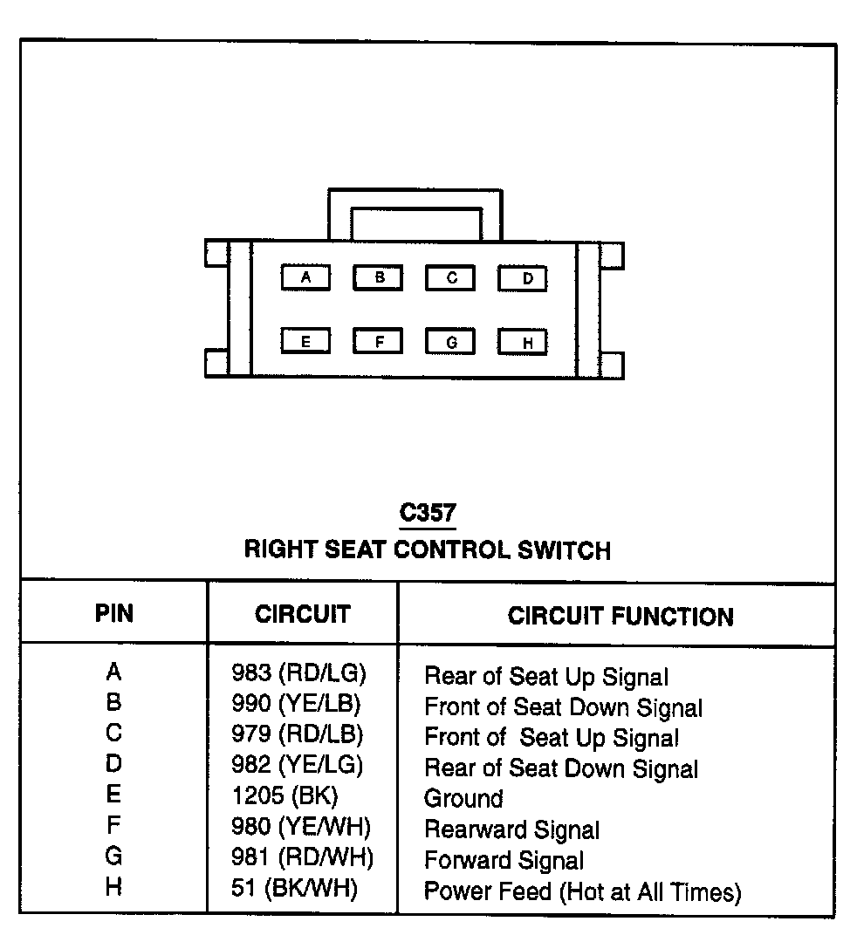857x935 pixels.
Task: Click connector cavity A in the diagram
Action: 305,278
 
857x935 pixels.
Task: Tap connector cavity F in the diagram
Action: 379,341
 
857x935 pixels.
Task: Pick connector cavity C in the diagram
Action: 451,278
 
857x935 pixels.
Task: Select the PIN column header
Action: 114,613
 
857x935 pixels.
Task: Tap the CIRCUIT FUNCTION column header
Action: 620,616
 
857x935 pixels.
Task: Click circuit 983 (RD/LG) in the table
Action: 298,673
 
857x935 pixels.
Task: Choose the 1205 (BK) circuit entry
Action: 285,795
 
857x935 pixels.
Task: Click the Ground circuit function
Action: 463,798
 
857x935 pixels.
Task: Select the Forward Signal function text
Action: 504,861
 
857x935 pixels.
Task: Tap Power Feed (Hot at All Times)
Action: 582,891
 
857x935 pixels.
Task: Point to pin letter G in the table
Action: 113,857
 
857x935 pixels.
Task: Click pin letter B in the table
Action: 113,703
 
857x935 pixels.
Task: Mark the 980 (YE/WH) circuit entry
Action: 301,826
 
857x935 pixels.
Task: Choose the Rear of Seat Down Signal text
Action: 561,768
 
